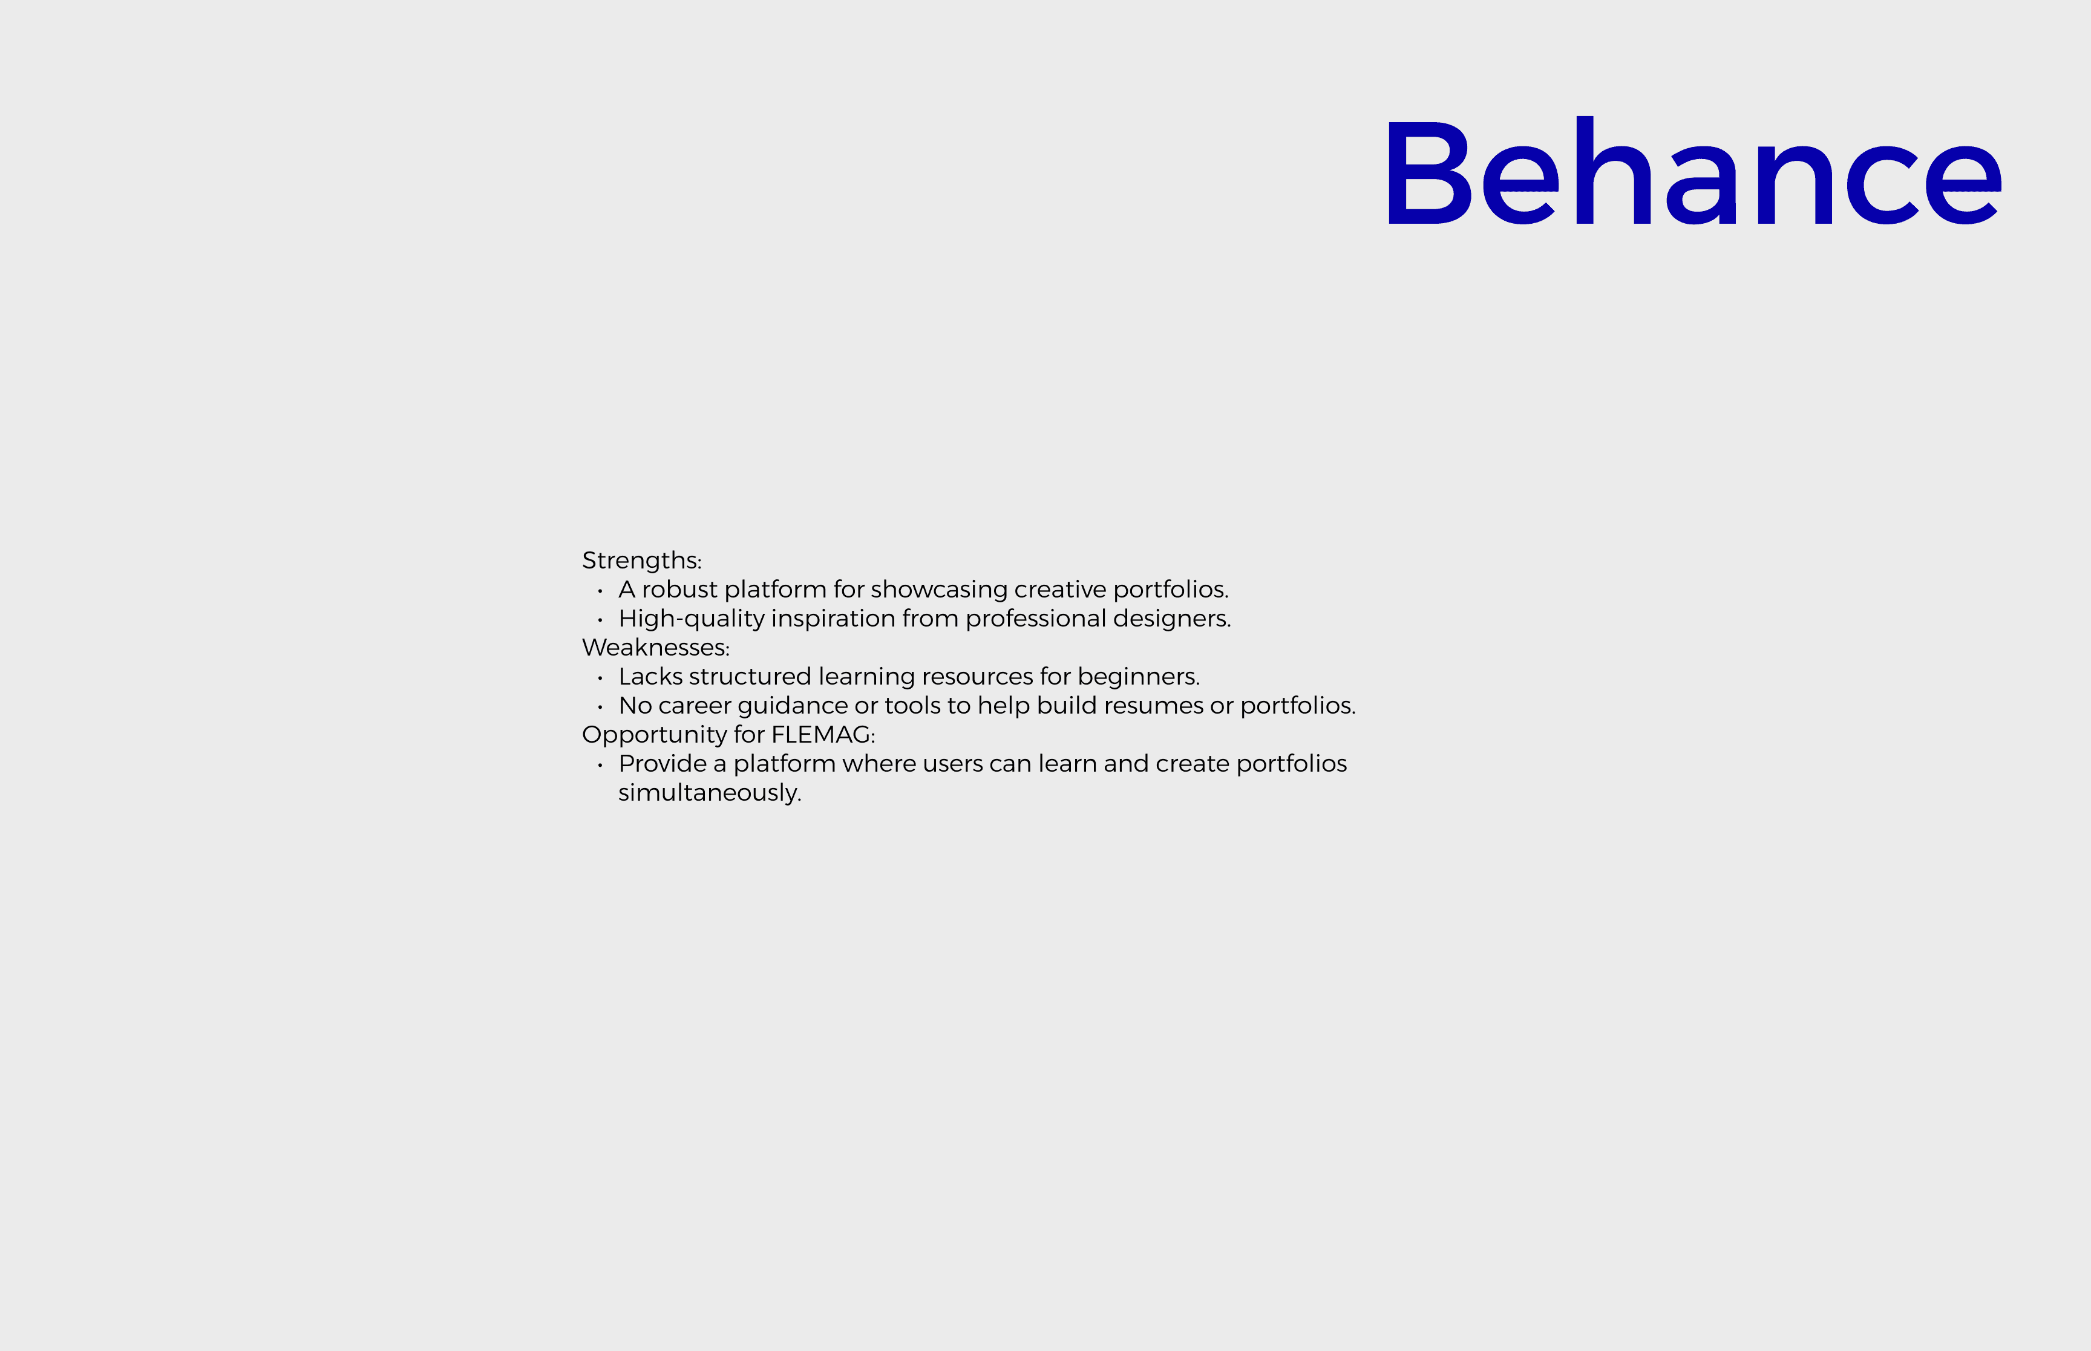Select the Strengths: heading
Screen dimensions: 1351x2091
[x=641, y=561]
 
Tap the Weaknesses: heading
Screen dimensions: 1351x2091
[x=655, y=648]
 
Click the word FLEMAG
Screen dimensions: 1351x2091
[x=820, y=734]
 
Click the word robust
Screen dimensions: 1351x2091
[x=679, y=590]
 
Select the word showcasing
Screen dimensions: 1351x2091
[x=939, y=590]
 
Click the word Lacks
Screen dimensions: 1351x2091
[x=650, y=676]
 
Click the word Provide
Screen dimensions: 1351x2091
[x=663, y=763]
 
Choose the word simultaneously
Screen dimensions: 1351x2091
[x=709, y=793]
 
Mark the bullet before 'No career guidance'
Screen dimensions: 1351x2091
[x=600, y=707]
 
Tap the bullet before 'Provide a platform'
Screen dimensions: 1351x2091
[x=600, y=765]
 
